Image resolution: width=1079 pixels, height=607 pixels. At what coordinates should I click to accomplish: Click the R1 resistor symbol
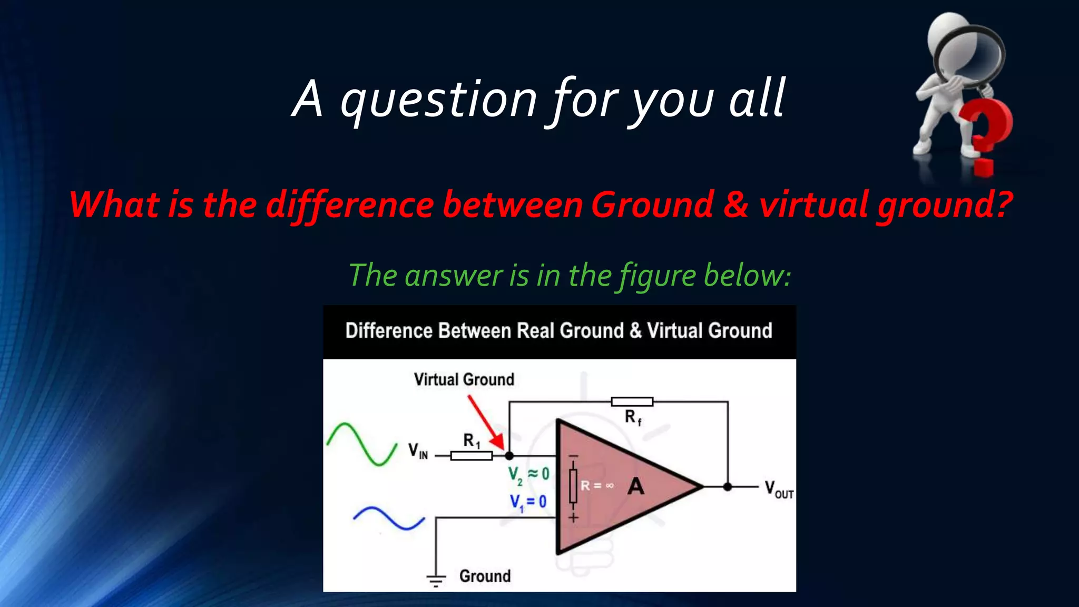[471, 456]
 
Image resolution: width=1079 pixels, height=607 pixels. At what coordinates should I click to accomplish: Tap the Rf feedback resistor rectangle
[632, 402]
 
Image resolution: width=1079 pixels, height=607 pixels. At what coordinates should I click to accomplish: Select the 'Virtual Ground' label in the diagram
[464, 379]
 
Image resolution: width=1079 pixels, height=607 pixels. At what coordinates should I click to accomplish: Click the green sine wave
[361, 444]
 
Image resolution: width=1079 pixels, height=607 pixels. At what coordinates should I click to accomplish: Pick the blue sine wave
[388, 518]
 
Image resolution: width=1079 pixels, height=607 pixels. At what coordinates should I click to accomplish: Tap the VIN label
[418, 451]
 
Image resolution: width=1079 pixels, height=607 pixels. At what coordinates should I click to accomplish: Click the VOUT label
[779, 489]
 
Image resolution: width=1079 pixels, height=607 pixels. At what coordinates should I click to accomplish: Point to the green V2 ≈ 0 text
[528, 475]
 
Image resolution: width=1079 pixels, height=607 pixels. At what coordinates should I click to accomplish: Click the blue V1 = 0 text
[528, 502]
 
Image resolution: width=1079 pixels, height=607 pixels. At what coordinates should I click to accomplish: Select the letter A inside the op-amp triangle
[636, 486]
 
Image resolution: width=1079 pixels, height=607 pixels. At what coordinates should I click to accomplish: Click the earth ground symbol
[436, 580]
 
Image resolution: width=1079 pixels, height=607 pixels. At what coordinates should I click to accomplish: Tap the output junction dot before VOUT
[728, 487]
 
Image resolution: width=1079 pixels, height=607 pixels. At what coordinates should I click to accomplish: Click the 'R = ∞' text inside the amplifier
[597, 485]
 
